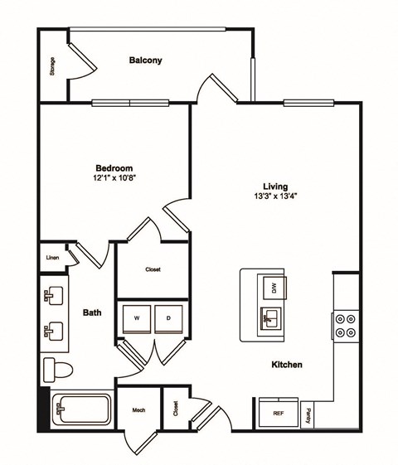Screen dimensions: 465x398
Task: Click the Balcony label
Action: tap(145, 61)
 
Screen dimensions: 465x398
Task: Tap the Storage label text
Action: tap(52, 66)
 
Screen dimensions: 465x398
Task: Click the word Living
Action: tap(274, 186)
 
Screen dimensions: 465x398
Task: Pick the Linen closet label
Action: tap(52, 258)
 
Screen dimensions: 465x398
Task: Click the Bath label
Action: tap(92, 312)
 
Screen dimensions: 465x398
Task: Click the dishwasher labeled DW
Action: tap(271, 288)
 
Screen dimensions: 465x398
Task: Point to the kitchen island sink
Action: tap(270, 316)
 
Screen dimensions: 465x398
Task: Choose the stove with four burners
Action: tap(345, 324)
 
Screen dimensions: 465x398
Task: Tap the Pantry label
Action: tap(308, 413)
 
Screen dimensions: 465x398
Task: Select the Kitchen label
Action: tap(285, 365)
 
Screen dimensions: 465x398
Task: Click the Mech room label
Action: tap(138, 409)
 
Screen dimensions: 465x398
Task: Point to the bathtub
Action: tap(81, 409)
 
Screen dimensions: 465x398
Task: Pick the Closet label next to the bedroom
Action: tap(153, 269)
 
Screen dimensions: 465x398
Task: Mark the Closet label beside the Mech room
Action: tap(176, 408)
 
